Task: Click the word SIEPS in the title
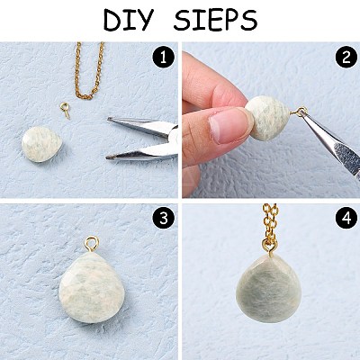pos(215,20)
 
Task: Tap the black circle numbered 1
pos(163,57)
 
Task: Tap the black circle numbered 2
pos(346,57)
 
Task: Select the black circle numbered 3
pos(163,219)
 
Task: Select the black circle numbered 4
pos(346,219)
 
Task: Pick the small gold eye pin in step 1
pos(65,110)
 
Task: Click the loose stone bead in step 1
pos(41,144)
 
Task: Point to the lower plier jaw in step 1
pos(142,152)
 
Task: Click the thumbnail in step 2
pos(227,125)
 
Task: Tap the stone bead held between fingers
pos(268,117)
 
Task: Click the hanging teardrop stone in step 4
pos(268,289)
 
